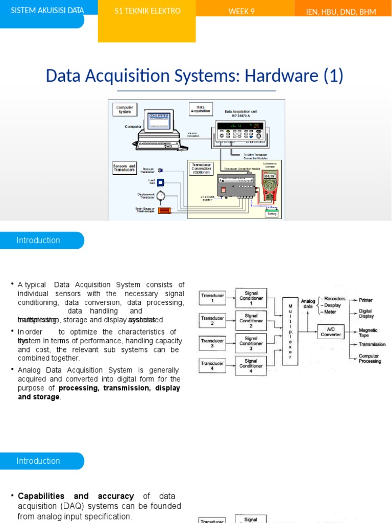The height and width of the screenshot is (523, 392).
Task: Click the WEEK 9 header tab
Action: coord(241,11)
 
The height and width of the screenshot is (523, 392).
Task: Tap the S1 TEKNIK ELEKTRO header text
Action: coord(147,11)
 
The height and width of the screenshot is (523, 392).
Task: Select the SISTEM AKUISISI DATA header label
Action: coord(47,10)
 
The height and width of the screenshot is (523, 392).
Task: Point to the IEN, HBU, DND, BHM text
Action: coord(341,12)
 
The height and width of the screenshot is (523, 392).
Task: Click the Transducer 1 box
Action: coord(212,298)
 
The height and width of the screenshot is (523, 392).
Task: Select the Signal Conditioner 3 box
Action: coord(251,344)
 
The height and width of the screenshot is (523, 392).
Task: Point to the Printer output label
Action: coord(365,300)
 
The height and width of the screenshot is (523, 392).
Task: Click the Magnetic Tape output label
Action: coord(368,332)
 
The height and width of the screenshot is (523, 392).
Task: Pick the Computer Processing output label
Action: coord(370,359)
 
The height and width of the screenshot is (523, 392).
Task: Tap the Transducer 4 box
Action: coord(212,366)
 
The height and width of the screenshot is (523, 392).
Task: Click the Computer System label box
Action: coord(125,109)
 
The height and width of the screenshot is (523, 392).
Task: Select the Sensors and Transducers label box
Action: coord(124,168)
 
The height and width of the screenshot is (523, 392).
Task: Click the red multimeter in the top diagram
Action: coord(269,184)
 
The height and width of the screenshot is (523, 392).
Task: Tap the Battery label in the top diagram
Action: coord(272,214)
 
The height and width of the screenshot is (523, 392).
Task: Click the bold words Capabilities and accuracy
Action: coord(76,496)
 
